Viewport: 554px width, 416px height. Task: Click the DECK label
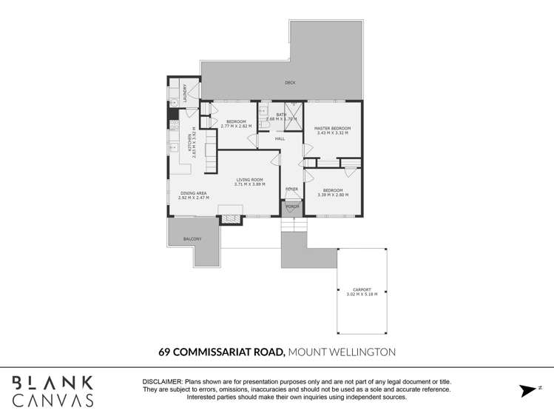click(291, 83)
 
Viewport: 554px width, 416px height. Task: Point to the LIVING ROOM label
click(250, 180)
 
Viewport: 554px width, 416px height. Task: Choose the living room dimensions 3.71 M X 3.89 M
click(250, 184)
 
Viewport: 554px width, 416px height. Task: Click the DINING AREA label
click(194, 193)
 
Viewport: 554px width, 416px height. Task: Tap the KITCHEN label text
click(190, 138)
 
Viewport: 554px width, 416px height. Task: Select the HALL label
click(280, 139)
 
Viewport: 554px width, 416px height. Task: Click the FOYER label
click(292, 189)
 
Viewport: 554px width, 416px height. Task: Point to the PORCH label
click(292, 207)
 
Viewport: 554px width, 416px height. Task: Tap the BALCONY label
click(192, 239)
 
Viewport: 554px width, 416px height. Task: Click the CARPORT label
click(362, 289)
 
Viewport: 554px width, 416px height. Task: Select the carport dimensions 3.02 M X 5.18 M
click(362, 295)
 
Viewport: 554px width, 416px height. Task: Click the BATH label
click(281, 114)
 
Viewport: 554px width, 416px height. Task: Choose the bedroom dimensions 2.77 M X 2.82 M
click(236, 126)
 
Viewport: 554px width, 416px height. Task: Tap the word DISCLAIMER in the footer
click(162, 380)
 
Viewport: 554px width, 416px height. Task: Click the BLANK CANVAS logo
click(51, 391)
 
